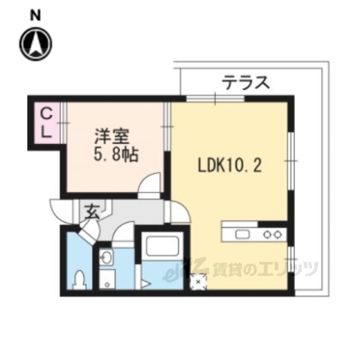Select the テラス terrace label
tap(245, 82)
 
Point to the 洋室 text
tap(112, 137)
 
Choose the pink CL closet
tap(46, 123)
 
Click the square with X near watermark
tap(198, 282)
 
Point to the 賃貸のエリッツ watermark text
tap(266, 268)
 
